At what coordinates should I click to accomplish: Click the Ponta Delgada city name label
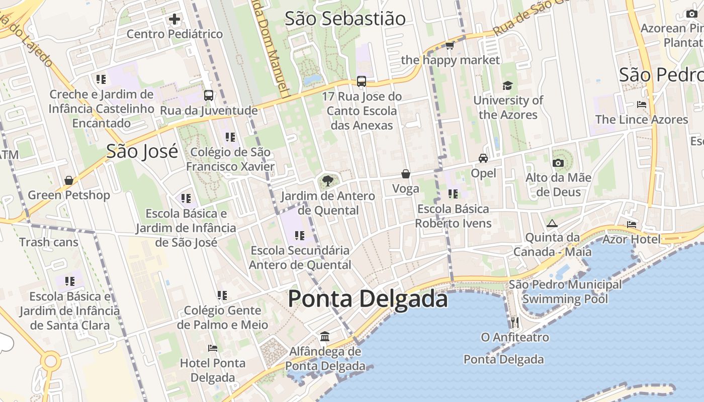[368, 299]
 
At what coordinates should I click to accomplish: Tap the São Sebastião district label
[345, 19]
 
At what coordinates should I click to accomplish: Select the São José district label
[142, 151]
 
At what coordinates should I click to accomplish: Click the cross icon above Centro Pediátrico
[174, 20]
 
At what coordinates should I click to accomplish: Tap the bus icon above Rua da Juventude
[209, 95]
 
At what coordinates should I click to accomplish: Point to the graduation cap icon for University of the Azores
[507, 86]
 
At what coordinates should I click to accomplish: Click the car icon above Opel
[483, 158]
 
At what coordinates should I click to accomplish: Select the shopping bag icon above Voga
[406, 174]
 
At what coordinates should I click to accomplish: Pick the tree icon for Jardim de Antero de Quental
[328, 181]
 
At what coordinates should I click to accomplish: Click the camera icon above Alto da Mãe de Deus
[558, 163]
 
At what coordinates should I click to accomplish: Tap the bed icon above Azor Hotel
[632, 224]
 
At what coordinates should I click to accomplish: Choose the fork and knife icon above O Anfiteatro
[514, 322]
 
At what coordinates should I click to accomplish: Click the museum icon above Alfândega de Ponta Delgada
[325, 336]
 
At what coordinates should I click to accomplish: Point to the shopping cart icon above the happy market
[450, 46]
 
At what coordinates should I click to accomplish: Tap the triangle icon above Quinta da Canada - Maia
[552, 223]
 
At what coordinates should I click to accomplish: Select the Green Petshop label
[69, 195]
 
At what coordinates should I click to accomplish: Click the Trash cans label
[49, 242]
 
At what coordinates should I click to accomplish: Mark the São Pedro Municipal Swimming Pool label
[565, 292]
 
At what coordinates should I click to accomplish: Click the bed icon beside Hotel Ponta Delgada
[213, 348]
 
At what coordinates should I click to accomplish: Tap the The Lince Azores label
[642, 120]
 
